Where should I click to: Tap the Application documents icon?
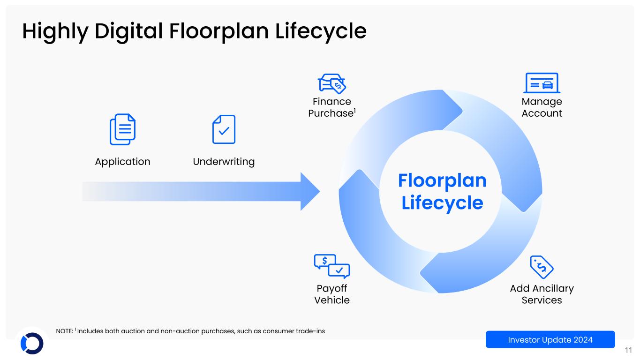(x=122, y=129)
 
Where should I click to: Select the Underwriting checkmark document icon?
(x=224, y=129)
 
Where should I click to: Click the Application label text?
(x=122, y=162)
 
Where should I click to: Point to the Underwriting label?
(x=224, y=162)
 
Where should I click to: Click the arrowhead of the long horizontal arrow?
(x=309, y=191)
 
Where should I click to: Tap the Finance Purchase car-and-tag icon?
(x=331, y=84)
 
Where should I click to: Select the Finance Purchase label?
(x=331, y=107)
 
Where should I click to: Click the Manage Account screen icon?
(x=542, y=83)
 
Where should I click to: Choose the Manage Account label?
(x=542, y=107)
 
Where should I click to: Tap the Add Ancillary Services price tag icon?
(x=542, y=267)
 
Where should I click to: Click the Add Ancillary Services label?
(x=542, y=294)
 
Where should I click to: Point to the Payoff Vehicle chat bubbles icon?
(x=331, y=266)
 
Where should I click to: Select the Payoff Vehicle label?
(x=331, y=294)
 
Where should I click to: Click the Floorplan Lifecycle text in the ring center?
(x=442, y=192)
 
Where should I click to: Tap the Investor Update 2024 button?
(x=550, y=339)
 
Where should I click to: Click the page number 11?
(x=629, y=350)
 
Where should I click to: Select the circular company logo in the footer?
(x=32, y=343)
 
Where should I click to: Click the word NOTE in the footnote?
(x=64, y=331)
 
